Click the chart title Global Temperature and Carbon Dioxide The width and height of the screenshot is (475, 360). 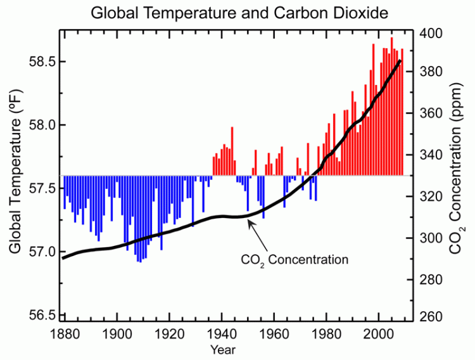(237, 12)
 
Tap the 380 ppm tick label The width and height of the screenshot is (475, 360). (431, 72)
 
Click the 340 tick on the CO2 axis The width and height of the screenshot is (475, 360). (431, 155)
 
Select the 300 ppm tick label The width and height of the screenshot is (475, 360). (431, 238)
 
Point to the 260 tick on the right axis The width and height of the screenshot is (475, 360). (431, 319)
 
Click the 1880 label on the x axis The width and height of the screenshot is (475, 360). (63, 334)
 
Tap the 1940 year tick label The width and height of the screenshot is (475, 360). (221, 334)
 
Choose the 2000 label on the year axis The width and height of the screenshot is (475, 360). (379, 334)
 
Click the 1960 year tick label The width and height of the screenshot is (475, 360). (274, 334)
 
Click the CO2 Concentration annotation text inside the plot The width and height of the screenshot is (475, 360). (295, 260)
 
